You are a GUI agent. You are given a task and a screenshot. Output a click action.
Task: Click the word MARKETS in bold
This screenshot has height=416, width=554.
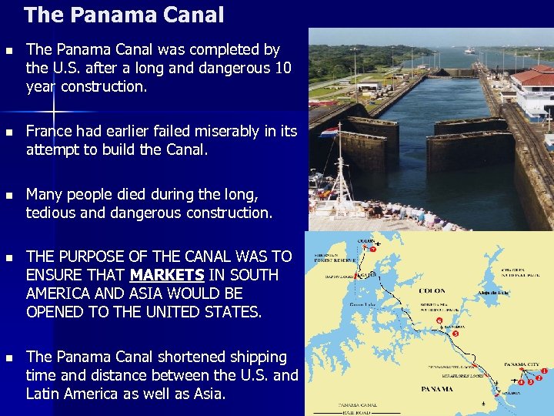click(x=166, y=275)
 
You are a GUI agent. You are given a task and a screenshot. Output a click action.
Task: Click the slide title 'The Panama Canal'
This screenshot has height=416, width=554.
click(x=124, y=15)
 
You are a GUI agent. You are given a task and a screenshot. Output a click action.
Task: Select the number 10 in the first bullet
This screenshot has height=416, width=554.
click(x=282, y=68)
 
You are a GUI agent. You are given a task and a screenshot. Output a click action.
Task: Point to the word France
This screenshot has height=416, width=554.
click(x=51, y=131)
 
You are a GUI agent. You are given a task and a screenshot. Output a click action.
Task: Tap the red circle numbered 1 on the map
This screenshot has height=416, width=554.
click(x=545, y=371)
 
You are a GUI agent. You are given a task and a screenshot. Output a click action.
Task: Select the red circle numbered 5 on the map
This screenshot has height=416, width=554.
click(x=456, y=334)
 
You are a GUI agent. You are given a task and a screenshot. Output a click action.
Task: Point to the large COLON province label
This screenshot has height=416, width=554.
click(x=432, y=291)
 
